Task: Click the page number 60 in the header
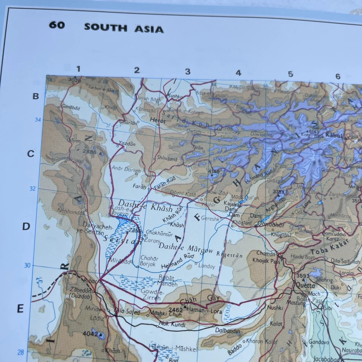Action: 57,25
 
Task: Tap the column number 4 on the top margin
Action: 238,73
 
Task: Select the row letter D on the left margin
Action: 26,227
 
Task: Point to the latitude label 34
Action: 38,120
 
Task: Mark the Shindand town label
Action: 167,159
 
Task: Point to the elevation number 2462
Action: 176,310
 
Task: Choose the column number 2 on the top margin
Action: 137,70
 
